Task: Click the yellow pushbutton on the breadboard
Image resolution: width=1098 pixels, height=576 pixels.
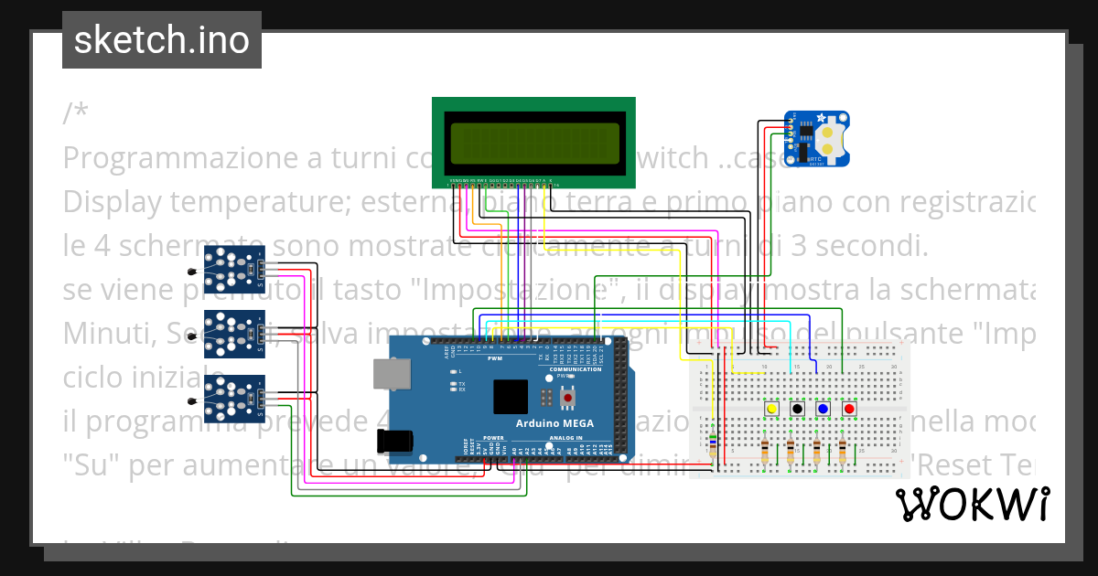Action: pyautogui.click(x=771, y=409)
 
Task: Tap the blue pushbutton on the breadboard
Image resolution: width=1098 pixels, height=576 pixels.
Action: pyautogui.click(x=823, y=409)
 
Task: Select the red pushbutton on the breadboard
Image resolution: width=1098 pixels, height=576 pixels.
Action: pyautogui.click(x=849, y=409)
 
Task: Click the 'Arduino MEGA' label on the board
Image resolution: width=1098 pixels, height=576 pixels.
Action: pyautogui.click(x=554, y=423)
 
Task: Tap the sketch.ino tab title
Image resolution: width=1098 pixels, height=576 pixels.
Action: pyautogui.click(x=162, y=40)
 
